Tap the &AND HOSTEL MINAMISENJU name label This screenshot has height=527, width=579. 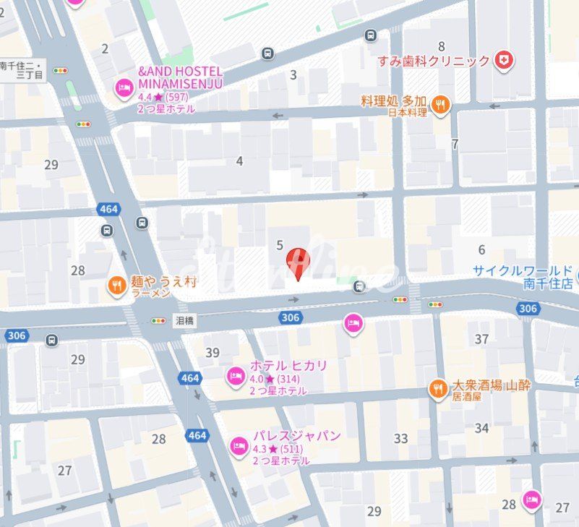(x=180, y=77)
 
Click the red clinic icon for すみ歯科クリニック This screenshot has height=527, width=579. (x=504, y=61)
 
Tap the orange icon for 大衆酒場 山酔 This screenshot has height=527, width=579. (x=437, y=390)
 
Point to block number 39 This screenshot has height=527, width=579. (x=212, y=352)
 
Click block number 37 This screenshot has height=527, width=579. (x=481, y=339)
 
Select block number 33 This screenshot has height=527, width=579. (x=400, y=438)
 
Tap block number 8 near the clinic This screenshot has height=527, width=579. (x=441, y=47)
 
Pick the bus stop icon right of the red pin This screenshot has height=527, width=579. (x=359, y=287)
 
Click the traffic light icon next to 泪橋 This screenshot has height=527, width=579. (x=158, y=320)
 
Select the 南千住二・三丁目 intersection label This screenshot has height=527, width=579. (x=22, y=70)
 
